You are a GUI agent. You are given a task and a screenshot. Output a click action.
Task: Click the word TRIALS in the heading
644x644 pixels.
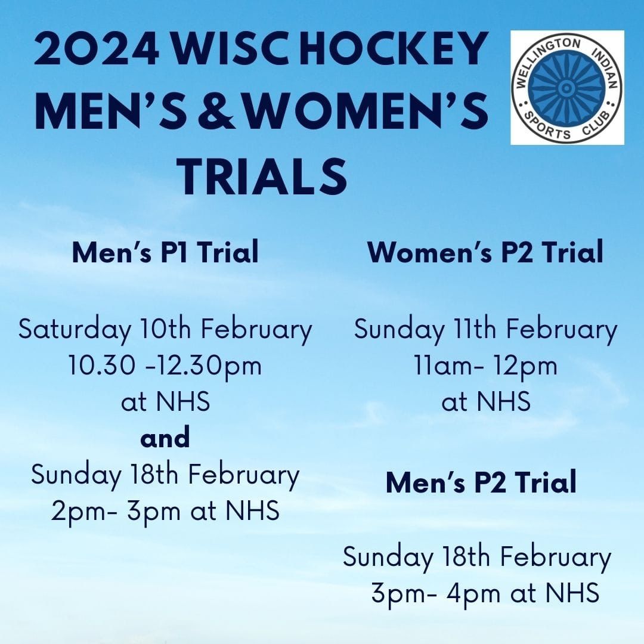coord(264,177)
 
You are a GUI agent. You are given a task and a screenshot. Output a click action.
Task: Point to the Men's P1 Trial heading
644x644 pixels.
coord(166,252)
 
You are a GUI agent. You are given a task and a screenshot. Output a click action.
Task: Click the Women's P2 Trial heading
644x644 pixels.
coord(485,252)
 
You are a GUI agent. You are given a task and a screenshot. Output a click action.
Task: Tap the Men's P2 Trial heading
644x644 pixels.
coord(481,482)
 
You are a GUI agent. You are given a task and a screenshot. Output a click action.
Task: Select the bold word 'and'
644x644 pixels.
coord(165,438)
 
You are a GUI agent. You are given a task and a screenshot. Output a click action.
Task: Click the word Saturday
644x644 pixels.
coord(75,329)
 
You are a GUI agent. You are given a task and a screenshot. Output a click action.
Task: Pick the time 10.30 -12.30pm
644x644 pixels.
coord(165,366)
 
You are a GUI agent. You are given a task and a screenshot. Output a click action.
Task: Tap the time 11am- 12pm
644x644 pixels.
coord(486,366)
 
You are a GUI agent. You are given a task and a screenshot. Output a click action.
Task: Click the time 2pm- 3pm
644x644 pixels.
coord(116,512)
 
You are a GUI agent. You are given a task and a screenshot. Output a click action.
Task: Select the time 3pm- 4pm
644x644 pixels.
coord(436,593)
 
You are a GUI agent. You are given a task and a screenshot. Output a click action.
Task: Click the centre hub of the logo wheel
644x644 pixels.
coord(566,87)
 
